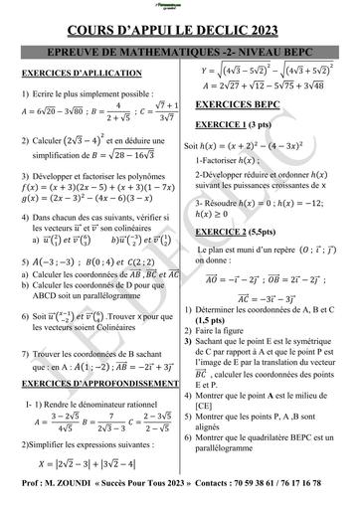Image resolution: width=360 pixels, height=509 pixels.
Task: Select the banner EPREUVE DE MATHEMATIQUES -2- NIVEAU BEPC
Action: (180, 51)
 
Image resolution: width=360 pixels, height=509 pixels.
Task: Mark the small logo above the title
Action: (179, 9)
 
